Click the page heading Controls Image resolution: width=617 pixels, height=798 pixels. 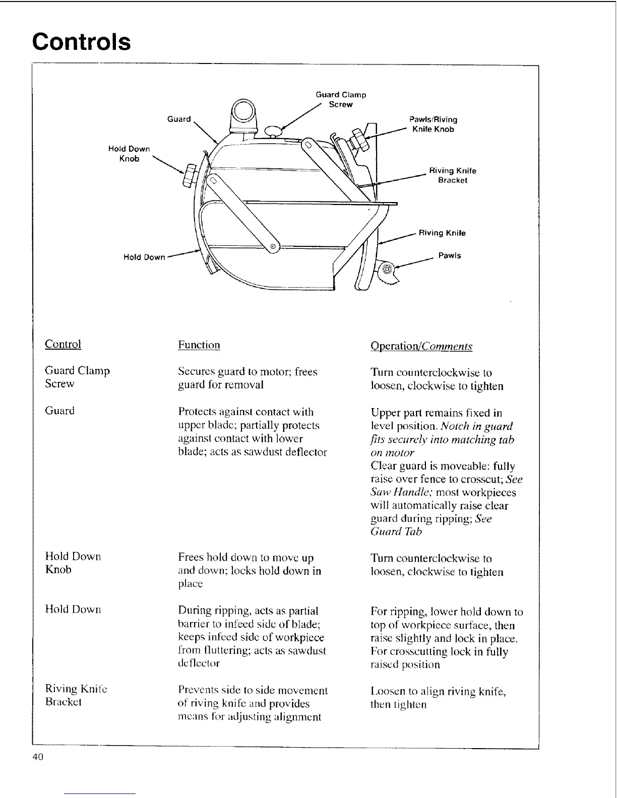click(x=81, y=42)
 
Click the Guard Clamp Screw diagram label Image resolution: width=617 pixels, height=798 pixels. click(x=341, y=99)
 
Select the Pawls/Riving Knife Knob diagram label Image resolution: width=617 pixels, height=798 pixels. click(x=433, y=124)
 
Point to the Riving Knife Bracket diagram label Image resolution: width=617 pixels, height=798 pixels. click(x=452, y=175)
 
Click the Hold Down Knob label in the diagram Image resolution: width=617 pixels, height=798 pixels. click(x=129, y=154)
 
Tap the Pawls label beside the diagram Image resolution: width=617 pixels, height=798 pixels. click(x=449, y=255)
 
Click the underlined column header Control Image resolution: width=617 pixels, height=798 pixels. click(x=63, y=344)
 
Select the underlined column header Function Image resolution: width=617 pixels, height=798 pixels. click(x=199, y=345)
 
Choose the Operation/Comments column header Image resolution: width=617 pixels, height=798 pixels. click(x=421, y=346)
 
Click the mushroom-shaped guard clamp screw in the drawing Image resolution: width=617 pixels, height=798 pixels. click(x=273, y=130)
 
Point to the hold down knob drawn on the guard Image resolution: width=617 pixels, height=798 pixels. click(x=191, y=174)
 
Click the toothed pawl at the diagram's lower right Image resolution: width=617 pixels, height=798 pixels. click(x=388, y=273)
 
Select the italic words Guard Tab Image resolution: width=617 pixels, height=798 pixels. click(x=396, y=531)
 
